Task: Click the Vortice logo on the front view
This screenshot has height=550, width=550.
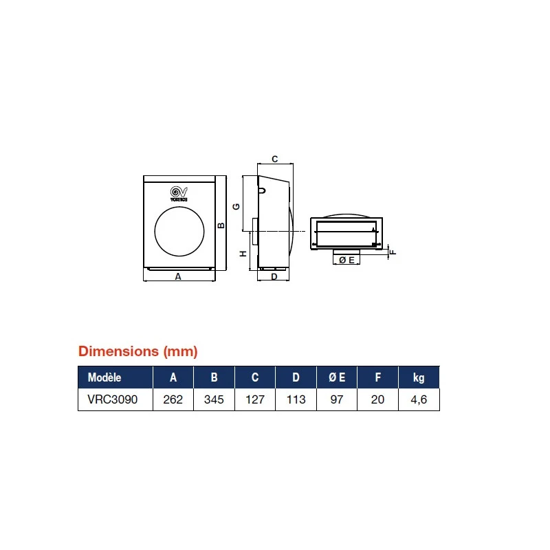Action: (x=179, y=194)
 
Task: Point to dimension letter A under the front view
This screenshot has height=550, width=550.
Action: (x=178, y=277)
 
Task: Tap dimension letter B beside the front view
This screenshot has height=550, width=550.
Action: (x=221, y=225)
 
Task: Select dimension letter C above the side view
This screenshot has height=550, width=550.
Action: (x=275, y=159)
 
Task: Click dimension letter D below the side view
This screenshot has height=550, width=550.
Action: (x=274, y=277)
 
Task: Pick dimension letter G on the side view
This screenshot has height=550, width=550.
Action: (x=236, y=207)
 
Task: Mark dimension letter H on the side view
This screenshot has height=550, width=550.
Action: (x=243, y=254)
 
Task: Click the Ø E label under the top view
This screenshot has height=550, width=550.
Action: (x=346, y=260)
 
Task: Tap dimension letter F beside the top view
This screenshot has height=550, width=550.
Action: (x=393, y=252)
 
